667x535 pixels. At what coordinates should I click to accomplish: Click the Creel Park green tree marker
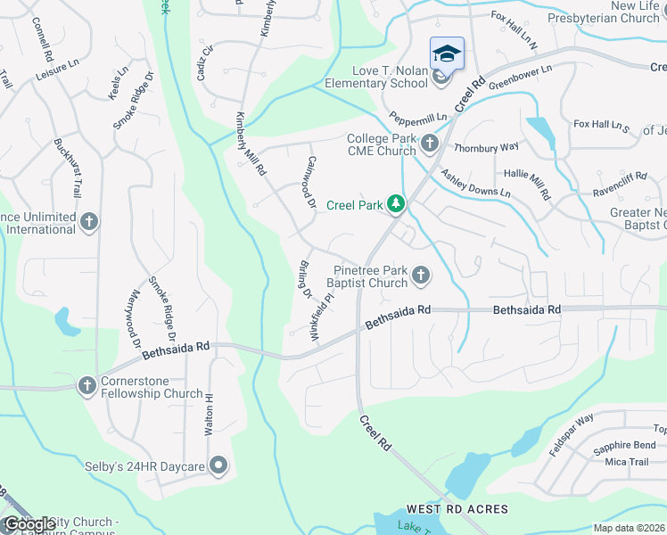point(395,205)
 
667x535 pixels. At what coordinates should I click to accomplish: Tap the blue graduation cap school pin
point(447,54)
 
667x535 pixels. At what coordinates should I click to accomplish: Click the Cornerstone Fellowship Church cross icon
point(86,386)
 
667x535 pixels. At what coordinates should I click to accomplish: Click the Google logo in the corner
point(29,524)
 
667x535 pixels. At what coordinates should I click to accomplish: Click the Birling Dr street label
point(302,279)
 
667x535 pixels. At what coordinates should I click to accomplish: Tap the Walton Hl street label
point(210,415)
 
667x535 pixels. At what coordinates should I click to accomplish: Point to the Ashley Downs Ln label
point(475,184)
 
